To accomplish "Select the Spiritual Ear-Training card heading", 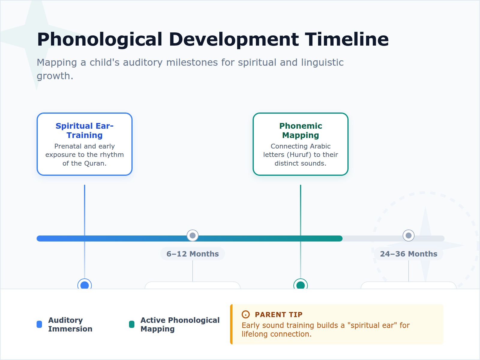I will click(x=85, y=130).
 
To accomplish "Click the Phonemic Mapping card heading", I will click(x=301, y=130).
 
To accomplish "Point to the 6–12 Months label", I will click(x=193, y=254).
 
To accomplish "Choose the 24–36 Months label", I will click(x=409, y=254).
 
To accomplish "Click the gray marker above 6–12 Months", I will click(x=193, y=235).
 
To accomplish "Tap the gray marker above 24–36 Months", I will click(x=409, y=235).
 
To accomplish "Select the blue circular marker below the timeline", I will click(x=85, y=285).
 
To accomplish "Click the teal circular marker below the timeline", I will click(x=301, y=285).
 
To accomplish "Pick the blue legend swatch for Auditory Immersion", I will click(x=39, y=324).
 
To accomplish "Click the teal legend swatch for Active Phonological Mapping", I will click(x=132, y=324).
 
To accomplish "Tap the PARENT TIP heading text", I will click(x=278, y=314).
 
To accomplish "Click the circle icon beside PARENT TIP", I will click(x=246, y=314).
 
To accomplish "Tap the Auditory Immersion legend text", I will click(x=70, y=324).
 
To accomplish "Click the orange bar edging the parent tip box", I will click(x=231, y=324).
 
